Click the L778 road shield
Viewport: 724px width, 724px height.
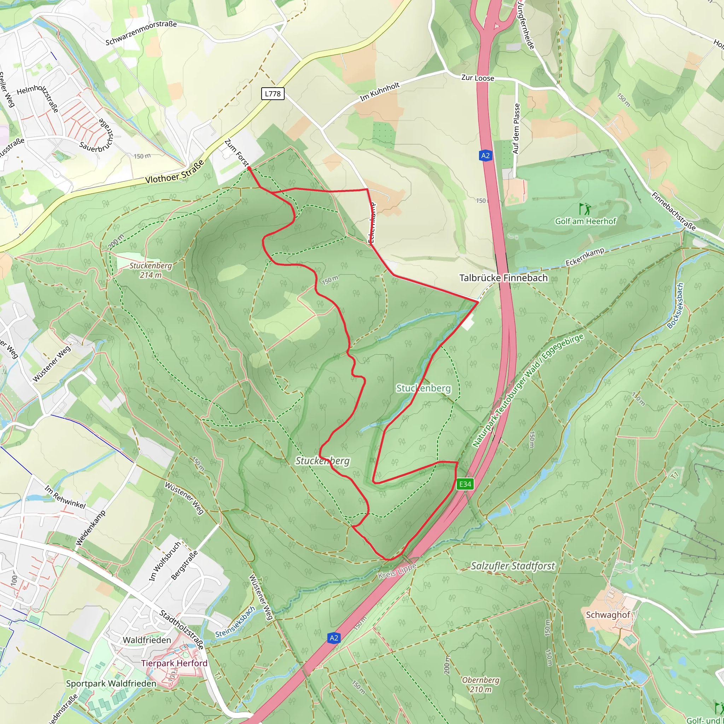[x=273, y=94]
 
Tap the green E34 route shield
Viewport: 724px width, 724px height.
[x=465, y=484]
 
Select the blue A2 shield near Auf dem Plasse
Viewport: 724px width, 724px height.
[x=485, y=156]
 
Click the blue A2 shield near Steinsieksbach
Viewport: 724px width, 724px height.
[x=334, y=638]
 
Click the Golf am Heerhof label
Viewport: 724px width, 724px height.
[x=585, y=221]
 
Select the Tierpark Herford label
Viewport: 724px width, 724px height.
[x=174, y=663]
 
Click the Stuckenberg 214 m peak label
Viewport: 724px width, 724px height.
[x=151, y=270]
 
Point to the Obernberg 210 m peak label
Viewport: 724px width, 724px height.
[x=480, y=684]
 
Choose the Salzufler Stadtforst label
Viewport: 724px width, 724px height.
[x=513, y=566]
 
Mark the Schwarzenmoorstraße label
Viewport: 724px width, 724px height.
[x=141, y=33]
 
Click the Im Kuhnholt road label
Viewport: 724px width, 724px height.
[x=380, y=92]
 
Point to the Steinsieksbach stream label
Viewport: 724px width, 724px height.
[x=235, y=622]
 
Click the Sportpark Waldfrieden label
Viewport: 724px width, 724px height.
[x=111, y=684]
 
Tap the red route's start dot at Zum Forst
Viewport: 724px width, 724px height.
[x=249, y=169]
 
